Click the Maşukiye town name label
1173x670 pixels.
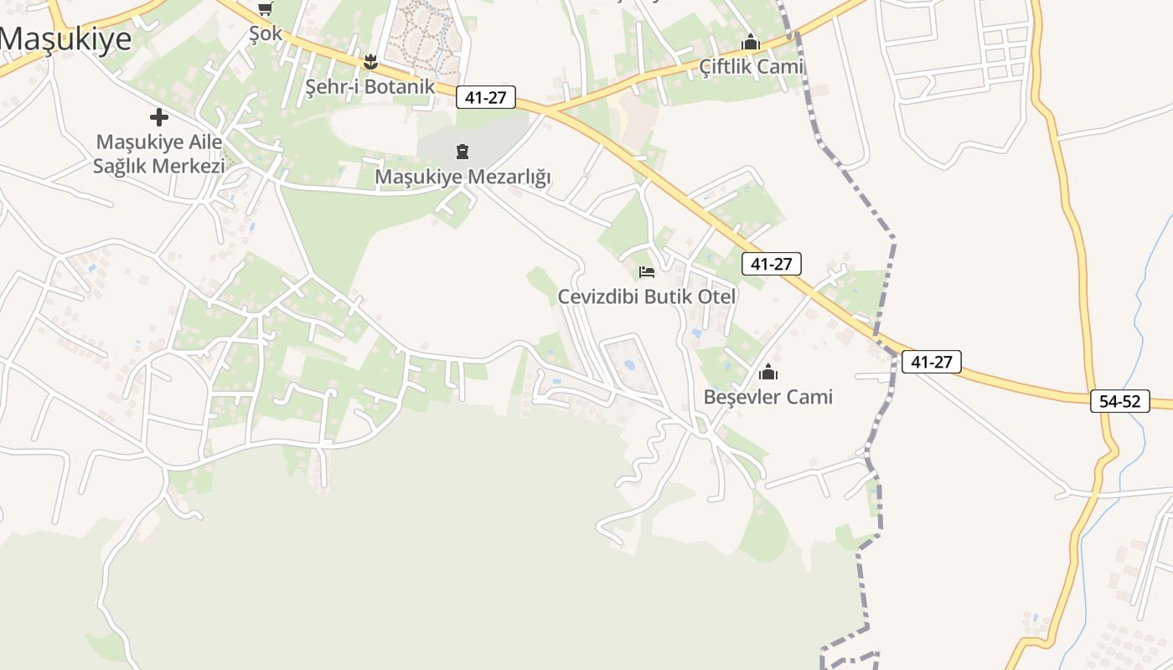tap(66, 39)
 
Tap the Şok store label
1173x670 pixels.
tap(266, 33)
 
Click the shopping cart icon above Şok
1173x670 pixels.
tap(266, 9)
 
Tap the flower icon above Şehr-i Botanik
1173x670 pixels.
tap(370, 61)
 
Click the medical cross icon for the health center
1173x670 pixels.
tap(158, 117)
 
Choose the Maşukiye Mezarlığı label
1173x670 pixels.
tap(462, 177)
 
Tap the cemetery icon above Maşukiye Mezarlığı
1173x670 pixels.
tap(462, 152)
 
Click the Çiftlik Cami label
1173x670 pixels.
tap(751, 66)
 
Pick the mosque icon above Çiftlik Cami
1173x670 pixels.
tap(750, 42)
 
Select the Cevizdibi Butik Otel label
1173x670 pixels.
tap(647, 296)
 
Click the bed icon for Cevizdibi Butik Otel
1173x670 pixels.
tap(647, 271)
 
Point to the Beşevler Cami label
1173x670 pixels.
tap(768, 396)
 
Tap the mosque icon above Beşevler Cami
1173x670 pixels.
tap(768, 373)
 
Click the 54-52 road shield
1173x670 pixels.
tap(1120, 401)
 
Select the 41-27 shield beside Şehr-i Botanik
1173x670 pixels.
tap(486, 97)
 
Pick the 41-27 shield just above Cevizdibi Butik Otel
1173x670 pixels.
tap(772, 264)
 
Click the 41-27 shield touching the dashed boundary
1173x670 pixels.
tap(931, 362)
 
